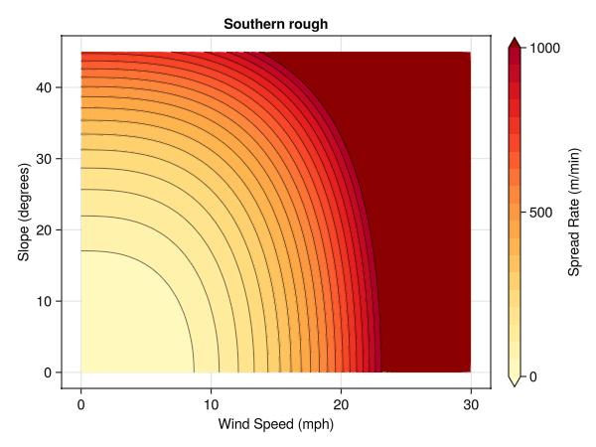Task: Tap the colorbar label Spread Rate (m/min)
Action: pyautogui.click(x=574, y=212)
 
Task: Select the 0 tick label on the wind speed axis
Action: pyautogui.click(x=80, y=404)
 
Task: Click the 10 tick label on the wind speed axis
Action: pyautogui.click(x=211, y=404)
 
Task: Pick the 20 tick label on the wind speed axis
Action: pyautogui.click(x=341, y=404)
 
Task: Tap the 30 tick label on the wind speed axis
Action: pyautogui.click(x=471, y=404)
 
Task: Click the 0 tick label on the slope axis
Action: pyautogui.click(x=46, y=372)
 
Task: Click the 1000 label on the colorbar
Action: pyautogui.click(x=547, y=47)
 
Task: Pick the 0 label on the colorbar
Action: pyautogui.click(x=535, y=376)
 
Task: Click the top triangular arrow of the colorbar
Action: pyautogui.click(x=515, y=42)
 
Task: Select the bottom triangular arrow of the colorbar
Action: pyautogui.click(x=515, y=381)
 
